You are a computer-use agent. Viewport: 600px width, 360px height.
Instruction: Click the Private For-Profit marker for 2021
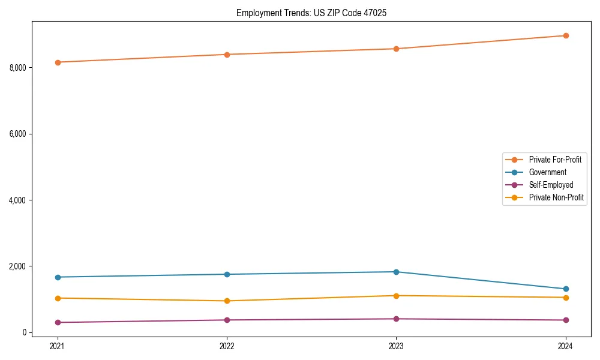point(58,62)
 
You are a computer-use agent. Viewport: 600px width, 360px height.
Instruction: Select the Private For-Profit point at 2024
point(566,35)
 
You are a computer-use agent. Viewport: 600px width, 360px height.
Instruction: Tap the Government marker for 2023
point(396,272)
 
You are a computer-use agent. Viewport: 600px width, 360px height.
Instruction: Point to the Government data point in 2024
point(566,289)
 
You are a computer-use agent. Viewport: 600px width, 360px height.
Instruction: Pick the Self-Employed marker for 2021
point(58,323)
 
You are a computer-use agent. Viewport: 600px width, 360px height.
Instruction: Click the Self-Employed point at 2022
point(227,320)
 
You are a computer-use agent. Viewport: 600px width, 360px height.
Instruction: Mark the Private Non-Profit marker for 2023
point(396,296)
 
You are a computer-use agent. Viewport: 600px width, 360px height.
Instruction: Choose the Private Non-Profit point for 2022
point(227,301)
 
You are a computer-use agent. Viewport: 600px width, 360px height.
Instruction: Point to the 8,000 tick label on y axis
point(18,68)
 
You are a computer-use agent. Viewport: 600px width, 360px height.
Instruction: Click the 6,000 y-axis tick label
point(18,134)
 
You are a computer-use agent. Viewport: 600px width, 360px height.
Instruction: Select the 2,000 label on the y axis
point(18,266)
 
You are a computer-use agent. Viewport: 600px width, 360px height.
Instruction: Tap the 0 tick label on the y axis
point(25,332)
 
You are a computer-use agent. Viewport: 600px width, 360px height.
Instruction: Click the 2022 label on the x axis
point(227,346)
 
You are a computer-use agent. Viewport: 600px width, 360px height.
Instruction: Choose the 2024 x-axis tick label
point(566,346)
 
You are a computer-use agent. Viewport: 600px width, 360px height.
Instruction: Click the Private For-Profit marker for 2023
point(396,49)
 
